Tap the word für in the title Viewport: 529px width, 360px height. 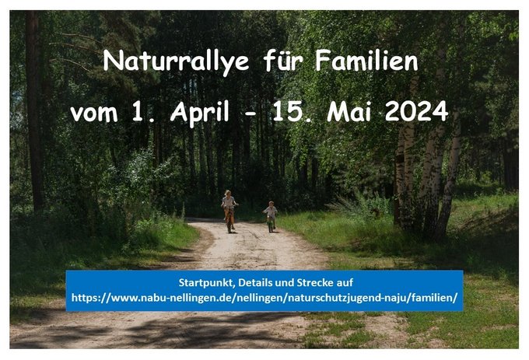(282, 60)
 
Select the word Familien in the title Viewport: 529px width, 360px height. (366, 60)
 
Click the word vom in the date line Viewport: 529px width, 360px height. (94, 113)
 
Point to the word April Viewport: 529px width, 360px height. (200, 112)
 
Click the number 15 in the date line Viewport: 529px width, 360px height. (289, 111)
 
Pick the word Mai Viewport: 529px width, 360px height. (349, 111)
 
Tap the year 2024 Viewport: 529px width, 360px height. (417, 111)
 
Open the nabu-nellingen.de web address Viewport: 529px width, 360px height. (264, 298)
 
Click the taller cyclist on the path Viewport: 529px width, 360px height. (229, 211)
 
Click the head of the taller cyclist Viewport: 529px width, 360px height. (228, 193)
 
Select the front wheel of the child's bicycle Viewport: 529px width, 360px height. (270, 226)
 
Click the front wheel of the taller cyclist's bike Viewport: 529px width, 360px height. (229, 225)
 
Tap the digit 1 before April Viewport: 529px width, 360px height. (137, 111)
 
